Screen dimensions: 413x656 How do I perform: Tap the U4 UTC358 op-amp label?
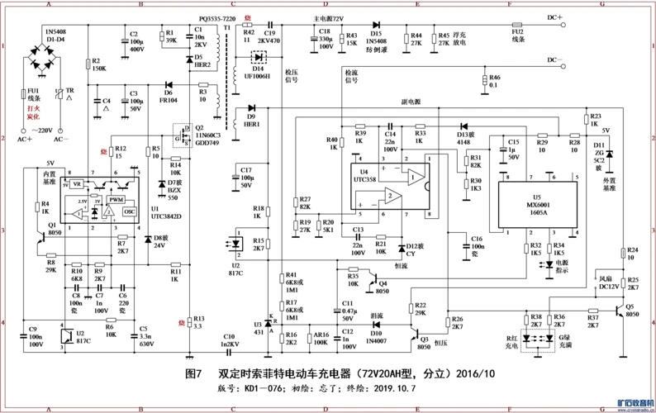point(363,175)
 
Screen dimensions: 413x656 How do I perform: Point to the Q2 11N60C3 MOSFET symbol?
point(177,135)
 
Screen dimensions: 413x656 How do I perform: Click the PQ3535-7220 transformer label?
point(216,17)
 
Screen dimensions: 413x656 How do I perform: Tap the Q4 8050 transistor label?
point(383,286)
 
